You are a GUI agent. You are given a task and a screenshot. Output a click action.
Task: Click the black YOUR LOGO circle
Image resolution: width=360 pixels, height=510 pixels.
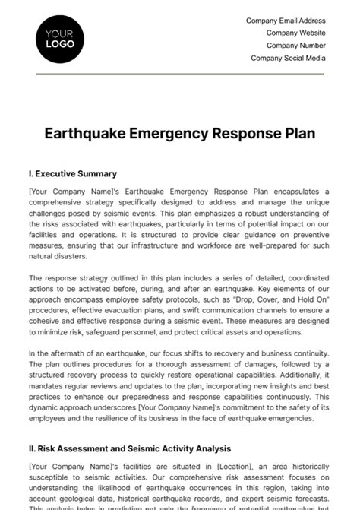click(60, 38)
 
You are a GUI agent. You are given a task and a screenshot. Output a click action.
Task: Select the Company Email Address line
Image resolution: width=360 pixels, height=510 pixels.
click(286, 21)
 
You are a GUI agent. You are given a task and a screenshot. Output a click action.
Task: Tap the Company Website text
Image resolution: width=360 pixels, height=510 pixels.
click(295, 33)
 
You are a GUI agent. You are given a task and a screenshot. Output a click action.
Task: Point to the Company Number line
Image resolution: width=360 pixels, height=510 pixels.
click(295, 46)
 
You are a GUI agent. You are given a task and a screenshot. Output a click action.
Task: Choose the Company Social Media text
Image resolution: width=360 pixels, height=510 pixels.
click(288, 58)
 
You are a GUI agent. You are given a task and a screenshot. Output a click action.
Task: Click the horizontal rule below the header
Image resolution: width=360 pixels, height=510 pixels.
click(180, 74)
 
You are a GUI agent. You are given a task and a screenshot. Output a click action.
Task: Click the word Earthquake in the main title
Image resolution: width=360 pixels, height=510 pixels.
click(88, 134)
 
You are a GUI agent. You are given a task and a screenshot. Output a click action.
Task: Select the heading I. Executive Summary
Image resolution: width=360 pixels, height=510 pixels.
click(72, 173)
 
